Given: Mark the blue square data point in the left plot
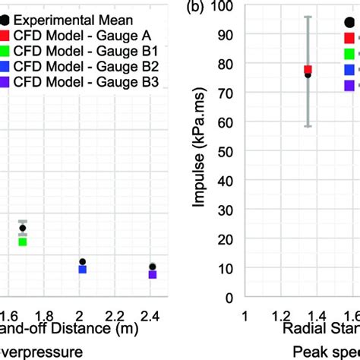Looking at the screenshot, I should coord(83,269).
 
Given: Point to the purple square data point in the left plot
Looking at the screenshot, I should coord(153,274).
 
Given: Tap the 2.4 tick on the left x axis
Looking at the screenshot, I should coord(153,314).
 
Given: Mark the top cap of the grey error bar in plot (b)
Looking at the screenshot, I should coord(308,17).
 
